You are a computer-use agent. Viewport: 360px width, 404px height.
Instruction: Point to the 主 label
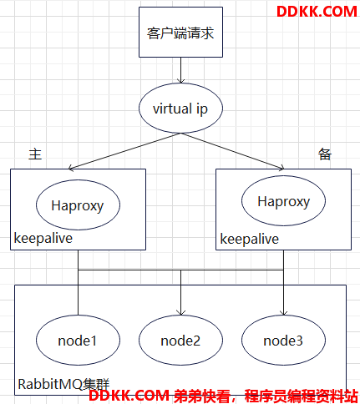[35, 154]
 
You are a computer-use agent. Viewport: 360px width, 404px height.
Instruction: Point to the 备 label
[325, 154]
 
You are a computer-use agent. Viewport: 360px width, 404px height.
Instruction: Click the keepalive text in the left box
[43, 239]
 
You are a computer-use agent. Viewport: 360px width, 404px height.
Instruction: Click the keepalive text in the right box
[250, 240]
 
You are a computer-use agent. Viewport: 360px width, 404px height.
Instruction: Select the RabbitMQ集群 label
[63, 384]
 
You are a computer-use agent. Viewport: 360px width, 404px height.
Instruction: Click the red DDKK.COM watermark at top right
[317, 12]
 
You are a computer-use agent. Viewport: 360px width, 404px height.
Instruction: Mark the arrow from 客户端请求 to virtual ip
[180, 70]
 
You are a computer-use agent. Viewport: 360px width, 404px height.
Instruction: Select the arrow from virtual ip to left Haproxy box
[124, 151]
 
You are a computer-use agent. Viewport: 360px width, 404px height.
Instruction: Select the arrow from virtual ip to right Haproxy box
[232, 151]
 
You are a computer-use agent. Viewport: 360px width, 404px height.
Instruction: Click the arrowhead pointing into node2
[180, 313]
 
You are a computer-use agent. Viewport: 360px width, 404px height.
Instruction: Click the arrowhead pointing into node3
[283, 313]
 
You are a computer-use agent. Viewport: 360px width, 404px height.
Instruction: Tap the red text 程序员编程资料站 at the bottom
[302, 396]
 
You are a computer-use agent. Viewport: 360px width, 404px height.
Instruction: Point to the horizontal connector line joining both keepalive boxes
[180, 270]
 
